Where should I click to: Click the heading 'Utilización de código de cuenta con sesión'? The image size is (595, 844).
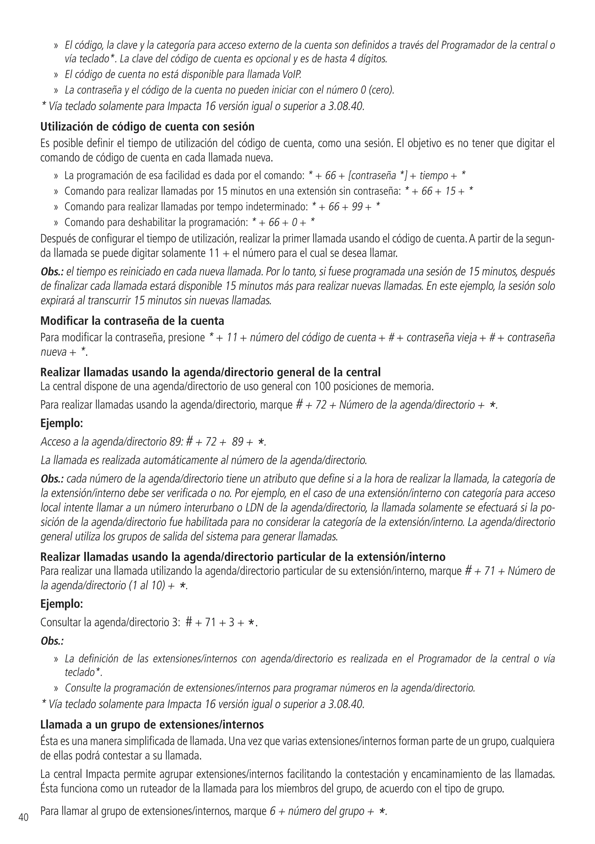coord(147,127)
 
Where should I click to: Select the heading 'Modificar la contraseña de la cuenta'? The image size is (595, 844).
coord(132,321)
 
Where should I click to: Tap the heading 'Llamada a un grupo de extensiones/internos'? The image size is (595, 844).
coord(152,725)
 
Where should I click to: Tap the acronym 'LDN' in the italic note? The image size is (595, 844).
coord(255,508)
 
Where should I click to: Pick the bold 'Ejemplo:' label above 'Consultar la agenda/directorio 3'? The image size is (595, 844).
coord(61,604)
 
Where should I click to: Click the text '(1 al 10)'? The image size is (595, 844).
coord(147,585)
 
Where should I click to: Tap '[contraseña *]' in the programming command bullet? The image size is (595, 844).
coord(377,176)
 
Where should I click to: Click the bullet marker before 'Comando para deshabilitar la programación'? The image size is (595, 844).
coord(56,223)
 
